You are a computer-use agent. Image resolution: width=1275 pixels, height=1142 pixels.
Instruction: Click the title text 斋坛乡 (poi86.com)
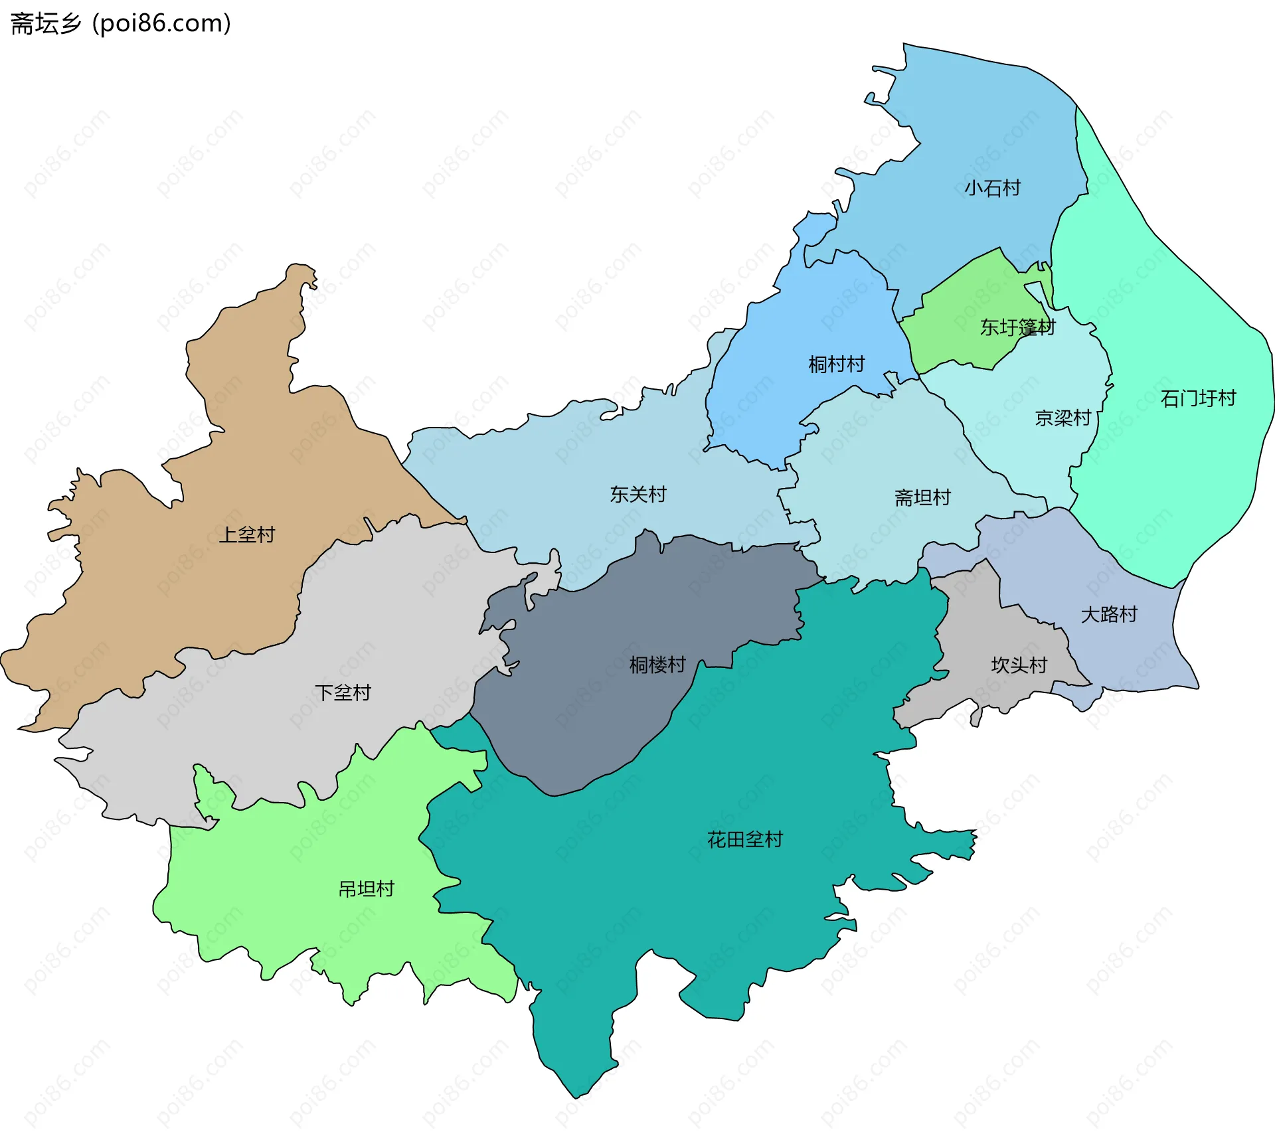click(x=121, y=23)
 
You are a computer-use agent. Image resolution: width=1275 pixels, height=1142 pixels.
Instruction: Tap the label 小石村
click(x=992, y=188)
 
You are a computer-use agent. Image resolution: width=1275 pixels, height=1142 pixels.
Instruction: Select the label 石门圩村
click(x=1198, y=398)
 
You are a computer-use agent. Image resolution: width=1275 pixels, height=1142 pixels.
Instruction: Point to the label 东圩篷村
click(x=1017, y=327)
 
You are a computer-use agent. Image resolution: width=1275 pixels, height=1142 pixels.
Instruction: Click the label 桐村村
click(x=836, y=365)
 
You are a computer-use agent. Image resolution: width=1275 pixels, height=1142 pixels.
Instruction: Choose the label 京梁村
click(x=1062, y=418)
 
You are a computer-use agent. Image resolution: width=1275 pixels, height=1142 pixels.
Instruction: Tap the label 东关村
click(x=637, y=495)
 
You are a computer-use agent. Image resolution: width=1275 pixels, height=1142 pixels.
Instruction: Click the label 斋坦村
click(x=922, y=497)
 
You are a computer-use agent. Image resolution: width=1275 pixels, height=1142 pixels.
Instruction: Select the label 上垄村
click(x=246, y=535)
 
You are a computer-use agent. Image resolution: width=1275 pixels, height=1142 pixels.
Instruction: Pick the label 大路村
click(x=1109, y=615)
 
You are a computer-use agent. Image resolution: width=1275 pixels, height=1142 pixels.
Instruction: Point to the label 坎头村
click(x=1019, y=665)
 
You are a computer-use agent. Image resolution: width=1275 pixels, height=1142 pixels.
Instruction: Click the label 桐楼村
click(x=657, y=665)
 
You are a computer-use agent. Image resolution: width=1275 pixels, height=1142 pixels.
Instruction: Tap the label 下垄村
click(x=343, y=693)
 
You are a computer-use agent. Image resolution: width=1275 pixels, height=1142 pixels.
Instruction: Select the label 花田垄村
click(x=744, y=840)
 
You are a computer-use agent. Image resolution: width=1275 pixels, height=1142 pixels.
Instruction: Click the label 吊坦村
click(x=367, y=889)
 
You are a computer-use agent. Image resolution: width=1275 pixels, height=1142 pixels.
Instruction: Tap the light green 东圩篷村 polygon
click(x=963, y=305)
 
